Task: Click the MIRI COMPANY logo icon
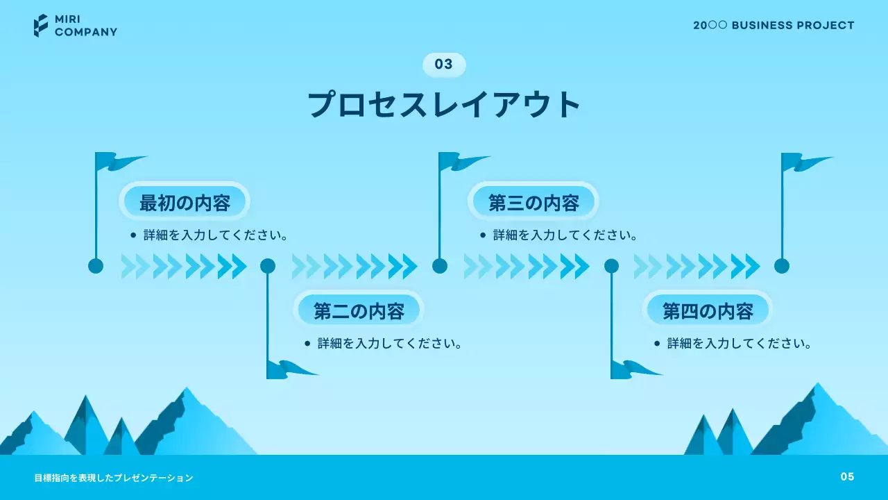coord(41,26)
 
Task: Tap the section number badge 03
coord(444,65)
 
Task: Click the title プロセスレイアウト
coord(444,105)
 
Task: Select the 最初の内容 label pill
coord(185,202)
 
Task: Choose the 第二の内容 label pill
coord(359,310)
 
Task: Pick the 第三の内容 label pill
coord(533,202)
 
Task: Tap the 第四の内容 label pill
coord(708,310)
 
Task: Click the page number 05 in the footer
coord(847,476)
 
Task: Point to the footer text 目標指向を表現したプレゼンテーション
coord(114,478)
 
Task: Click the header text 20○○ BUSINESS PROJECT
coord(774,26)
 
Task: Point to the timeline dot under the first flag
coord(96,266)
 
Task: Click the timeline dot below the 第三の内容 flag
coord(440,266)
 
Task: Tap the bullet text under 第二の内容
coord(389,343)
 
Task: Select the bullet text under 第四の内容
coord(739,343)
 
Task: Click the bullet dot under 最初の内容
coord(133,235)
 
